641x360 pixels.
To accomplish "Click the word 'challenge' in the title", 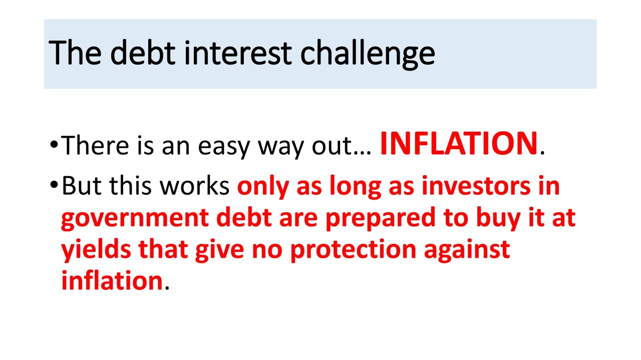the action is pos(368,55).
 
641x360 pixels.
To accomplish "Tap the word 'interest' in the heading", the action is pos(238,53).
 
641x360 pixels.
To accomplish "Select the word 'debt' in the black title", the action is pos(143,53).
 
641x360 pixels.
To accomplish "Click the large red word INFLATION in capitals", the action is pos(458,144).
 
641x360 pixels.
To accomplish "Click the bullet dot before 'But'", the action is pos(54,184).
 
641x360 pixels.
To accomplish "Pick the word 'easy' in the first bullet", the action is pos(224,148).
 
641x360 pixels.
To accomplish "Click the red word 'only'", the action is pos(263,187).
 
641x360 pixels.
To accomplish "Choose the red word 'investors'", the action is pos(476,186).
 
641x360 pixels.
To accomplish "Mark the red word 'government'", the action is pos(135,219).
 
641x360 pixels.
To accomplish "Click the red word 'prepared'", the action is pos(381,219).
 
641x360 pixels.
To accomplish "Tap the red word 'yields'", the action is pos(96,250).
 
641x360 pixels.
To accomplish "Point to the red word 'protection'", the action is pos(353,251).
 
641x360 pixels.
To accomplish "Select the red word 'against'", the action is pos(467,251).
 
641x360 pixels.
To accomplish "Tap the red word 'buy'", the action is pos(498,219).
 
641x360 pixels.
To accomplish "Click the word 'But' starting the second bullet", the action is pos(82,185).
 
